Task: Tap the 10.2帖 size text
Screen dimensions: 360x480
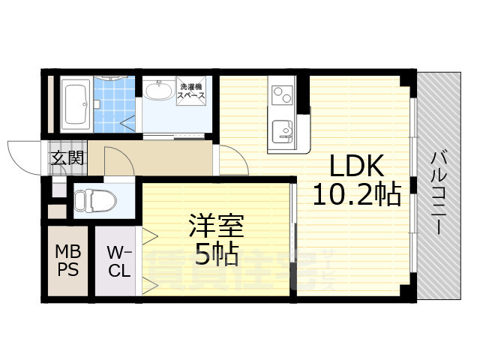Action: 355,195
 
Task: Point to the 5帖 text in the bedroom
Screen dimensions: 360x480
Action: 216,255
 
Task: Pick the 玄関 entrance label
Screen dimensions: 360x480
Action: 67,158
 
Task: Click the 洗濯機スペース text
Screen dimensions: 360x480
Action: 192,93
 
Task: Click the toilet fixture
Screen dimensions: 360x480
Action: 94,200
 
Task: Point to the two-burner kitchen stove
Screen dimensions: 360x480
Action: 283,95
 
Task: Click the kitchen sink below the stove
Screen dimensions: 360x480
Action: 282,131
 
